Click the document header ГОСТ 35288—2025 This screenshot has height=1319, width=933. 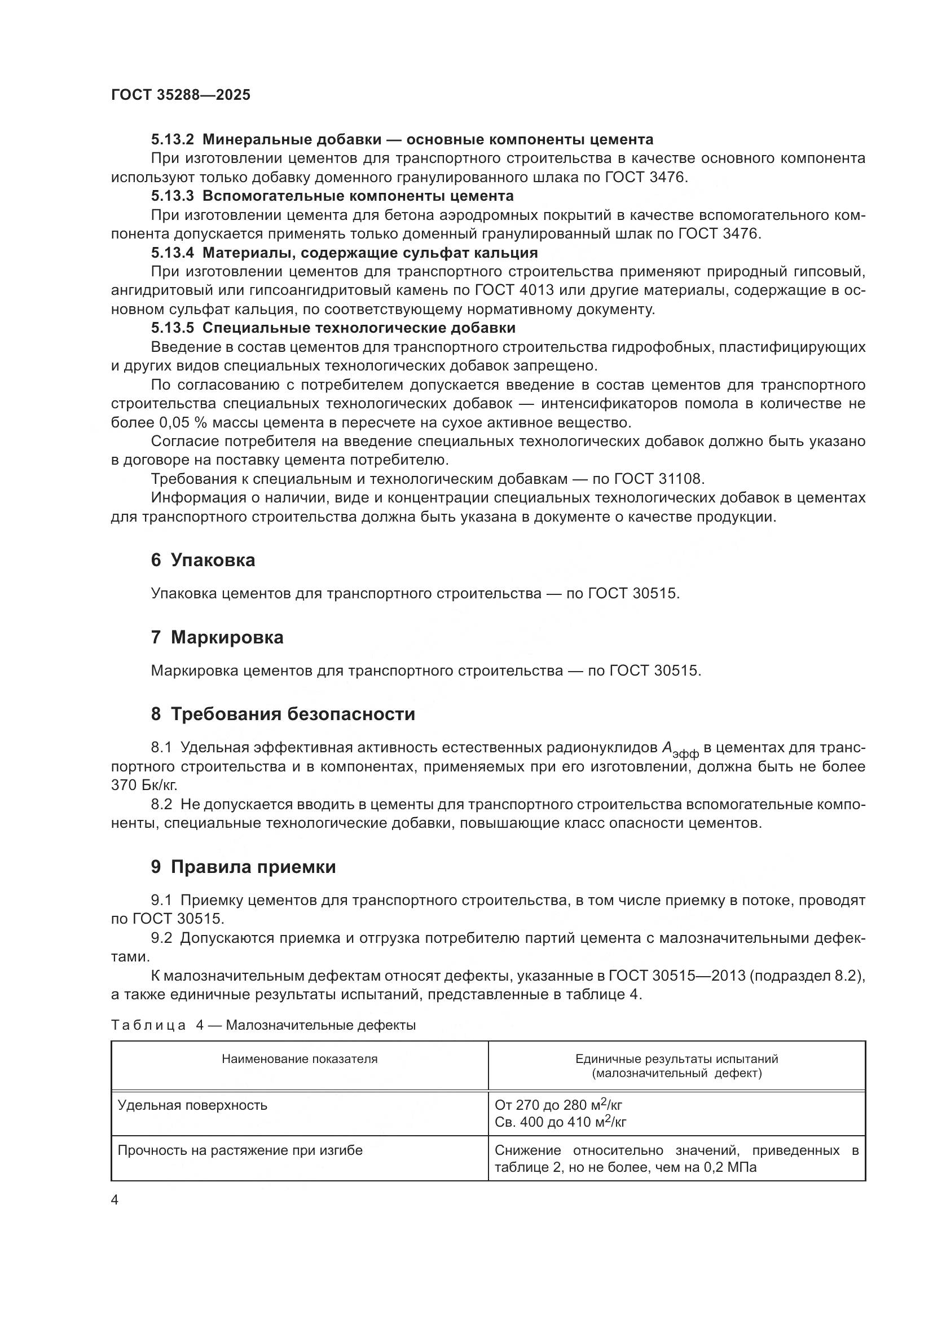point(181,95)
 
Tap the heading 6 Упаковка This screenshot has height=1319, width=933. point(203,560)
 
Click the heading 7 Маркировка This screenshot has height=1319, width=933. point(217,638)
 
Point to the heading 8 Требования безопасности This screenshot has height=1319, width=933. point(283,714)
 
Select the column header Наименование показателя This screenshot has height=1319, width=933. point(300,1060)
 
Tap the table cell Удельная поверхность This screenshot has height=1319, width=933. point(192,1105)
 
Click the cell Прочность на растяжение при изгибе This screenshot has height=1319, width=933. point(240,1151)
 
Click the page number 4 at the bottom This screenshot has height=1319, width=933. point(115,1201)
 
